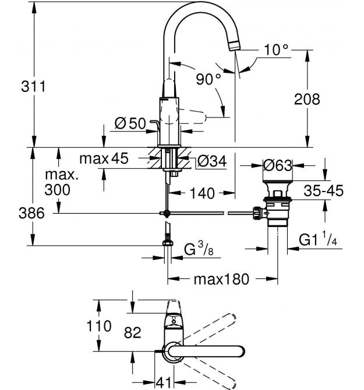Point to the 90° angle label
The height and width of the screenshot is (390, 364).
(208, 79)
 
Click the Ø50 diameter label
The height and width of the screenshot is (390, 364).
(129, 123)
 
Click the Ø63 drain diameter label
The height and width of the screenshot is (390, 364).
(277, 165)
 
